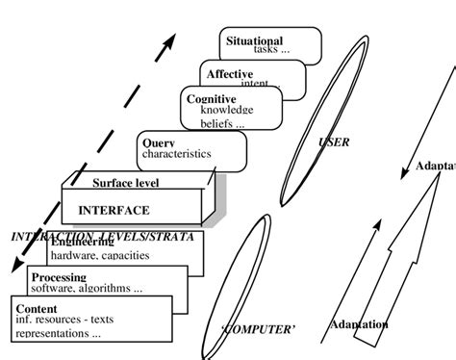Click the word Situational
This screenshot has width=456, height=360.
[x=254, y=40]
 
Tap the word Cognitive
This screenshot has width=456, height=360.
[x=212, y=99]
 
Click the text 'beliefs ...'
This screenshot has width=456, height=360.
[x=222, y=124]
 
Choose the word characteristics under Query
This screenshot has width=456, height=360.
[x=176, y=154]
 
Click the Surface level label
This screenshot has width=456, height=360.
[x=125, y=183]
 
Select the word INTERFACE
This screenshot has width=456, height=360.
[x=114, y=209]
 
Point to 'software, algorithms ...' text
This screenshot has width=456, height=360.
[x=87, y=288]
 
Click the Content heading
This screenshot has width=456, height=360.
[x=37, y=309]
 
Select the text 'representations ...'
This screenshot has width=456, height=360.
[x=58, y=333]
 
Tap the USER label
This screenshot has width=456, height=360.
[x=333, y=142]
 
